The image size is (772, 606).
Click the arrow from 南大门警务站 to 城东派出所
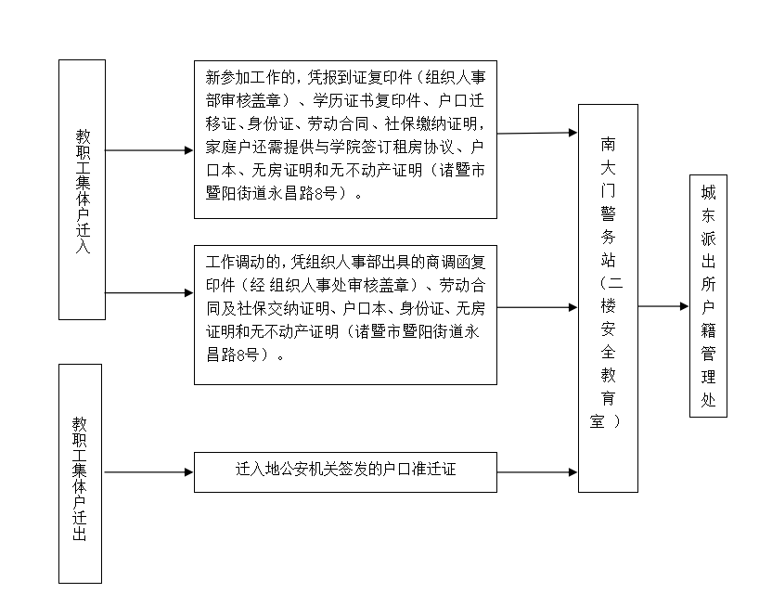(663, 306)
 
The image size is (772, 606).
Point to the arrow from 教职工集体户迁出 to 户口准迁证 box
(148, 472)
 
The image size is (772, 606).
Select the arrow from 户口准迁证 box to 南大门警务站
(537, 472)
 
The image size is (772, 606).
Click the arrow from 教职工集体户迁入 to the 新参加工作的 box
(149, 150)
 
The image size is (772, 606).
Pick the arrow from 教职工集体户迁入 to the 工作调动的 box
(149, 293)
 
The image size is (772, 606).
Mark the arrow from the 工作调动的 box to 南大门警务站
(537, 308)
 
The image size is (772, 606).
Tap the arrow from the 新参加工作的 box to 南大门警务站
(537, 133)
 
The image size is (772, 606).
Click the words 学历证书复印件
(367, 100)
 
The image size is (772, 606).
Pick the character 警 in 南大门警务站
(608, 213)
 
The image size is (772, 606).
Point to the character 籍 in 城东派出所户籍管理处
(708, 329)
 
